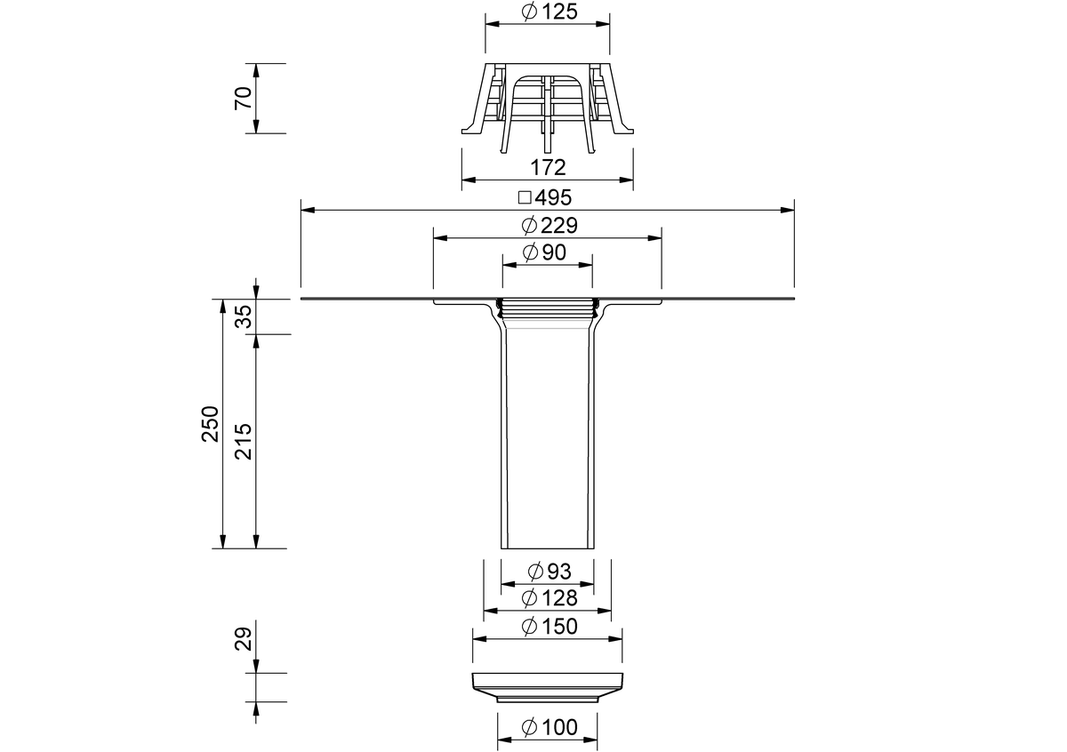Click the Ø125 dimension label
[550, 12]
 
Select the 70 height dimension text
[244, 98]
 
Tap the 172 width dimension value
[548, 168]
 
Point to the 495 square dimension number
[553, 197]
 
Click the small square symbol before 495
[525, 197]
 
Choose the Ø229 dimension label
[550, 225]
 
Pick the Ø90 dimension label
[544, 252]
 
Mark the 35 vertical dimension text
[244, 316]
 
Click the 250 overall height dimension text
[210, 424]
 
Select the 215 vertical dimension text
[244, 442]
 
